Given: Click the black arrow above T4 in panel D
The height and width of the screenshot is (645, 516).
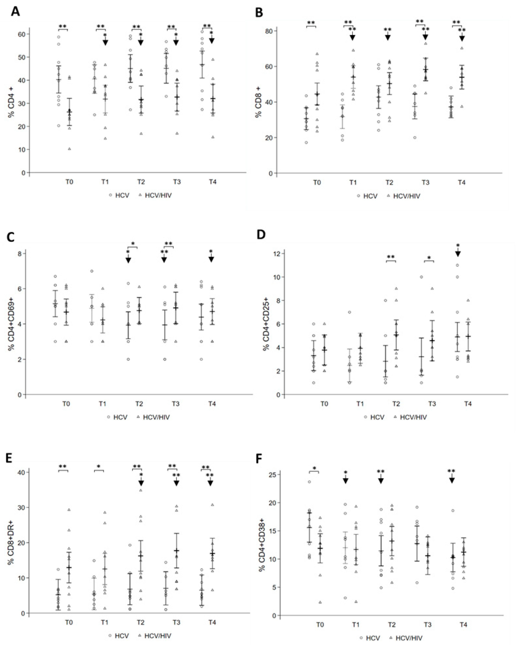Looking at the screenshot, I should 458,253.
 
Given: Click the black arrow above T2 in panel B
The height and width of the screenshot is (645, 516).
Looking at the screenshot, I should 388,37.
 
